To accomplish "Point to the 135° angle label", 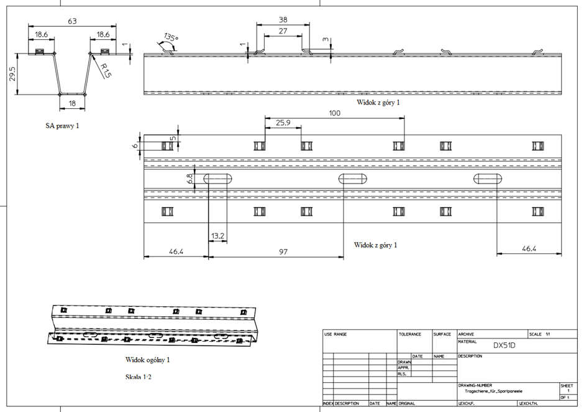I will [171, 38].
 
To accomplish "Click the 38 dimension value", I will [283, 20].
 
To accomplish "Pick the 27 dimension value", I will [283, 30].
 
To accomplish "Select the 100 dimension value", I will [335, 113].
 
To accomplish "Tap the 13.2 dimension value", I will [217, 236].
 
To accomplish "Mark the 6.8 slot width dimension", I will [190, 179].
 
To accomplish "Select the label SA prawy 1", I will [62, 126].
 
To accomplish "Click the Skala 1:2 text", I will [139, 377].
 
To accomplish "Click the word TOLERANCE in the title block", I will [410, 334].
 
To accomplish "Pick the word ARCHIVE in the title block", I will [467, 334].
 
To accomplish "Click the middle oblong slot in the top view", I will [353, 179].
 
